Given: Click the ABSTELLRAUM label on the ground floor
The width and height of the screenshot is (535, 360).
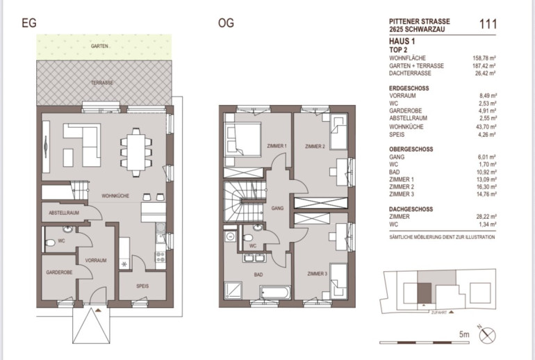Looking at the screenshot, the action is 64,213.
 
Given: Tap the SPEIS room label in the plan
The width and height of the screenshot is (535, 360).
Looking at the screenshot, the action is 142,286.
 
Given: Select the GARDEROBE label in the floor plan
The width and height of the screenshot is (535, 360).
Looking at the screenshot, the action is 59,272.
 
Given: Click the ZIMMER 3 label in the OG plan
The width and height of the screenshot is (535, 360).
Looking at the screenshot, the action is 317,274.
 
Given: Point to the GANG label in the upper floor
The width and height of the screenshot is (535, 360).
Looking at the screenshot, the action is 277,208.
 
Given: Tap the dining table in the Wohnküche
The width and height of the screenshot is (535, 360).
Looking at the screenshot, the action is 136,152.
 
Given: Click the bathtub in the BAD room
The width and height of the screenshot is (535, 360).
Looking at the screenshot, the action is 275,293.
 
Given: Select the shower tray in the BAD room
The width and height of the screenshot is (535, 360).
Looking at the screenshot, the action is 233,291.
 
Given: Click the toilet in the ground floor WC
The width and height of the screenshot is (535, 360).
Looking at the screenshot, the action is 50,243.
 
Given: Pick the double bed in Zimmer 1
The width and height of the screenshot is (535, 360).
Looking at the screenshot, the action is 242,140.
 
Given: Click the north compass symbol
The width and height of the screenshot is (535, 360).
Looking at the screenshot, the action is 487,335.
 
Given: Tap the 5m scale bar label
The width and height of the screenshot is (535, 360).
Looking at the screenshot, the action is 464,334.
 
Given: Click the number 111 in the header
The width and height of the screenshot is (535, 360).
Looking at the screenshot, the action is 488,24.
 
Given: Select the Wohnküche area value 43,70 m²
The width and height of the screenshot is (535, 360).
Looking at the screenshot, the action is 487,126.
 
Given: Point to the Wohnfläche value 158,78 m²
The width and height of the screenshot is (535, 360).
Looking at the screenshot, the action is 484,58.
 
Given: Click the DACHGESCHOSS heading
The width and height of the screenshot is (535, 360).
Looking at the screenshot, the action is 411,209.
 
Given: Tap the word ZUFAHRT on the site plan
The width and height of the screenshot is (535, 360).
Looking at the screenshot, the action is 439,313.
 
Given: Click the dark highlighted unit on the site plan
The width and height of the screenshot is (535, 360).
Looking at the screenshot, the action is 425,293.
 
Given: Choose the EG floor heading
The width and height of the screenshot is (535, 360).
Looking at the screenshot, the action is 29,23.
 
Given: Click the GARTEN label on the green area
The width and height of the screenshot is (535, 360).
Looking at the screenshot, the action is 99,46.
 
